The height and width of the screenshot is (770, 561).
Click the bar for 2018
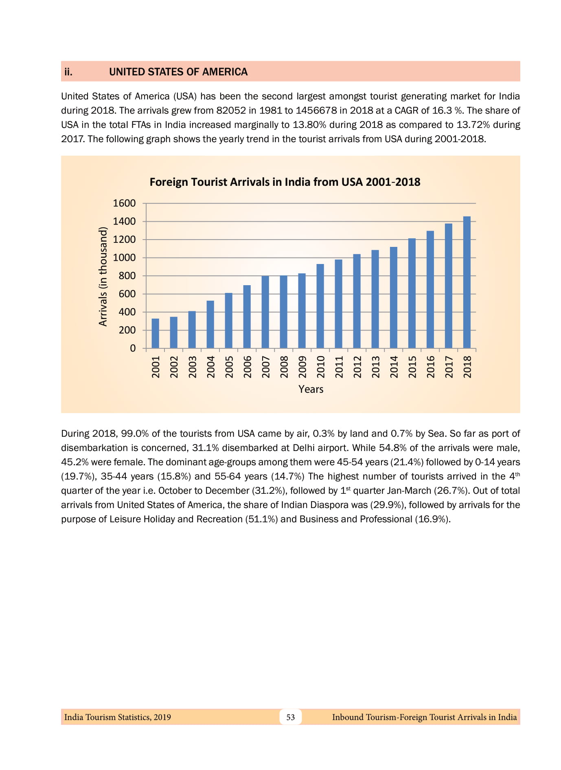pyautogui.click(x=467, y=282)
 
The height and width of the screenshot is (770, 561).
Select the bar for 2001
pyautogui.click(x=155, y=333)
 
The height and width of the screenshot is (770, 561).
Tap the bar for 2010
pyautogui.click(x=320, y=306)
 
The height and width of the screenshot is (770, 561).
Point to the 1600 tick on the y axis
pyautogui.click(x=124, y=203)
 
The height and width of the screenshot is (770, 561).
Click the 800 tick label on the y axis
pyautogui.click(x=127, y=276)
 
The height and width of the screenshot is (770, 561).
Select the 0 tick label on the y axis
pyautogui.click(x=133, y=348)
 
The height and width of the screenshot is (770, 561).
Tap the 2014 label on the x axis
pyautogui.click(x=394, y=367)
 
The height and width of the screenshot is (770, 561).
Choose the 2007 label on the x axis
pyautogui.click(x=265, y=367)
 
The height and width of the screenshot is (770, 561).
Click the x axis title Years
pyautogui.click(x=311, y=389)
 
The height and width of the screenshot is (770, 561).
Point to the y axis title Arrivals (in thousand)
pyautogui.click(x=103, y=276)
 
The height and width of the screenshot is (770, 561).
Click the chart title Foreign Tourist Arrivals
pyautogui.click(x=285, y=182)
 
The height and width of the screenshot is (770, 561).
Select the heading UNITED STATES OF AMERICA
pyautogui.click(x=178, y=72)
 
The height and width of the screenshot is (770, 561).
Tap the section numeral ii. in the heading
pyautogui.click(x=68, y=72)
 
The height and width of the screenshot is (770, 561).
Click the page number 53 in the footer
pyautogui.click(x=290, y=717)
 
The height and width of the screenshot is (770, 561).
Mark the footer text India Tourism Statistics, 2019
pyautogui.click(x=118, y=717)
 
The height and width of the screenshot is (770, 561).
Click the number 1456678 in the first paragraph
pyautogui.click(x=316, y=110)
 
